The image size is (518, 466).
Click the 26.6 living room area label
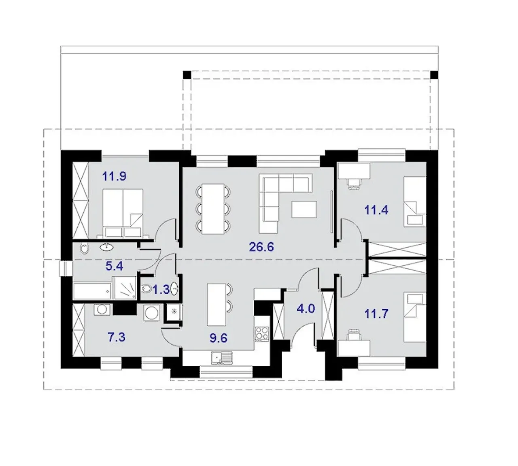click(x=261, y=247)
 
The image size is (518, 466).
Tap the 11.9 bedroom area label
click(x=114, y=176)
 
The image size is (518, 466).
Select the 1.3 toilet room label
click(x=161, y=290)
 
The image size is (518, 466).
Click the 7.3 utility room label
click(x=117, y=337)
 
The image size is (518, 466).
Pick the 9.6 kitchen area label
click(x=218, y=338)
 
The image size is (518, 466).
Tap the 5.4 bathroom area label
click(x=114, y=266)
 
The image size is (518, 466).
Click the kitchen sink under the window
click(x=222, y=357)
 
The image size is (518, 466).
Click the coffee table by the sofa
click(x=304, y=209)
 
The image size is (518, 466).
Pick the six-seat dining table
click(x=212, y=209)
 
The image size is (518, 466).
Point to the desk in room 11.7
click(x=354, y=348)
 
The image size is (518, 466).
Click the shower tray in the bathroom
click(x=125, y=287)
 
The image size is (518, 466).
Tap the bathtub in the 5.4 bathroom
click(x=92, y=291)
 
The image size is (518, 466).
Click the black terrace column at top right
click(x=434, y=75)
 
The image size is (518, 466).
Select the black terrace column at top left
click(x=187, y=75)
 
